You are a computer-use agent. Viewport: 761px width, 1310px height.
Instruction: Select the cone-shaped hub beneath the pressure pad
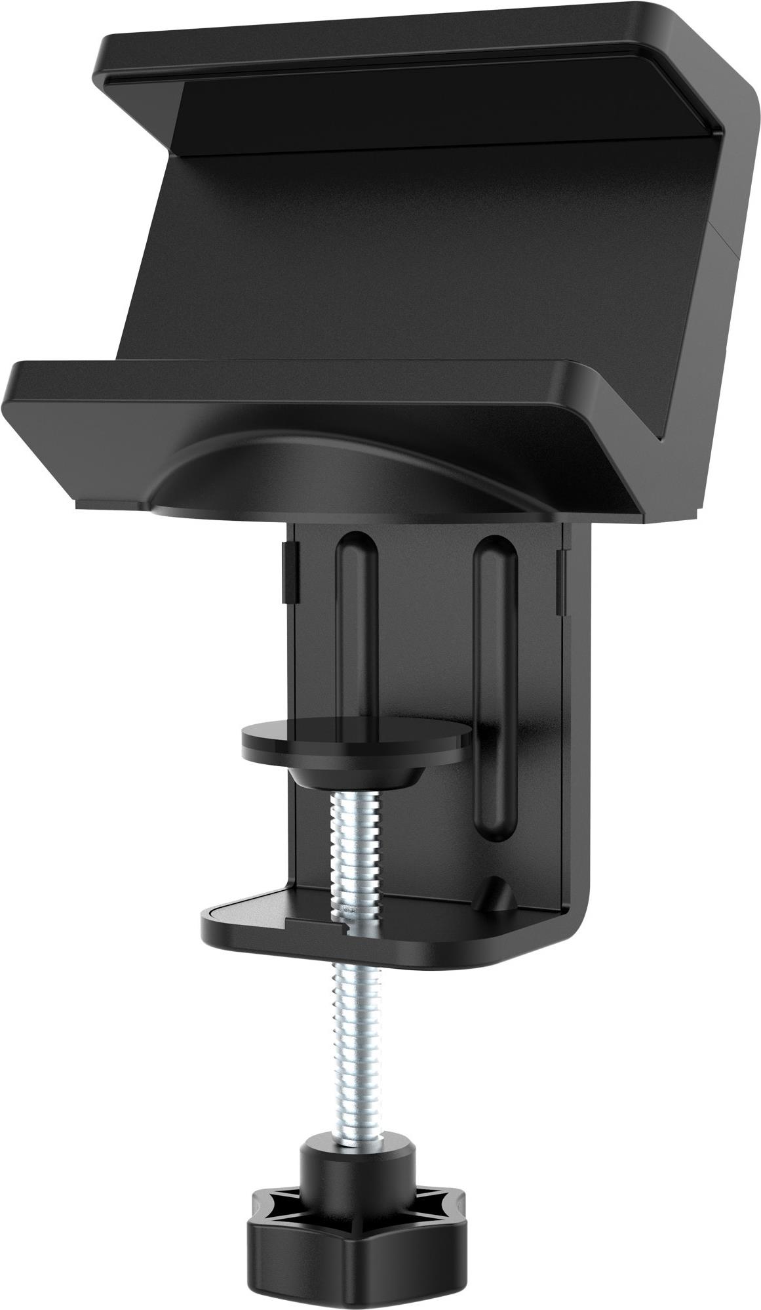pyautogui.click(x=356, y=778)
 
